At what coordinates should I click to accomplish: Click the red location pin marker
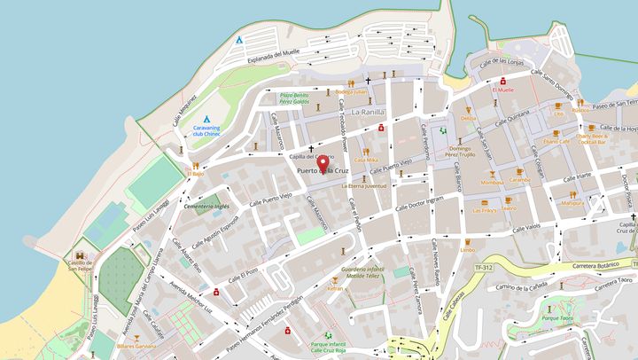323,162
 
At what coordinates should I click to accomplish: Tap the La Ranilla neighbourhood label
368,113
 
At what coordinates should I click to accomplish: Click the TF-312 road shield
483,266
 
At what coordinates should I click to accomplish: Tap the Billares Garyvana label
136,347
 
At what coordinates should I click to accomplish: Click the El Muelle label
503,90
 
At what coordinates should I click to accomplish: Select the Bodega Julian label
351,91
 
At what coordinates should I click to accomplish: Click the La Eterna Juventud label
362,186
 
